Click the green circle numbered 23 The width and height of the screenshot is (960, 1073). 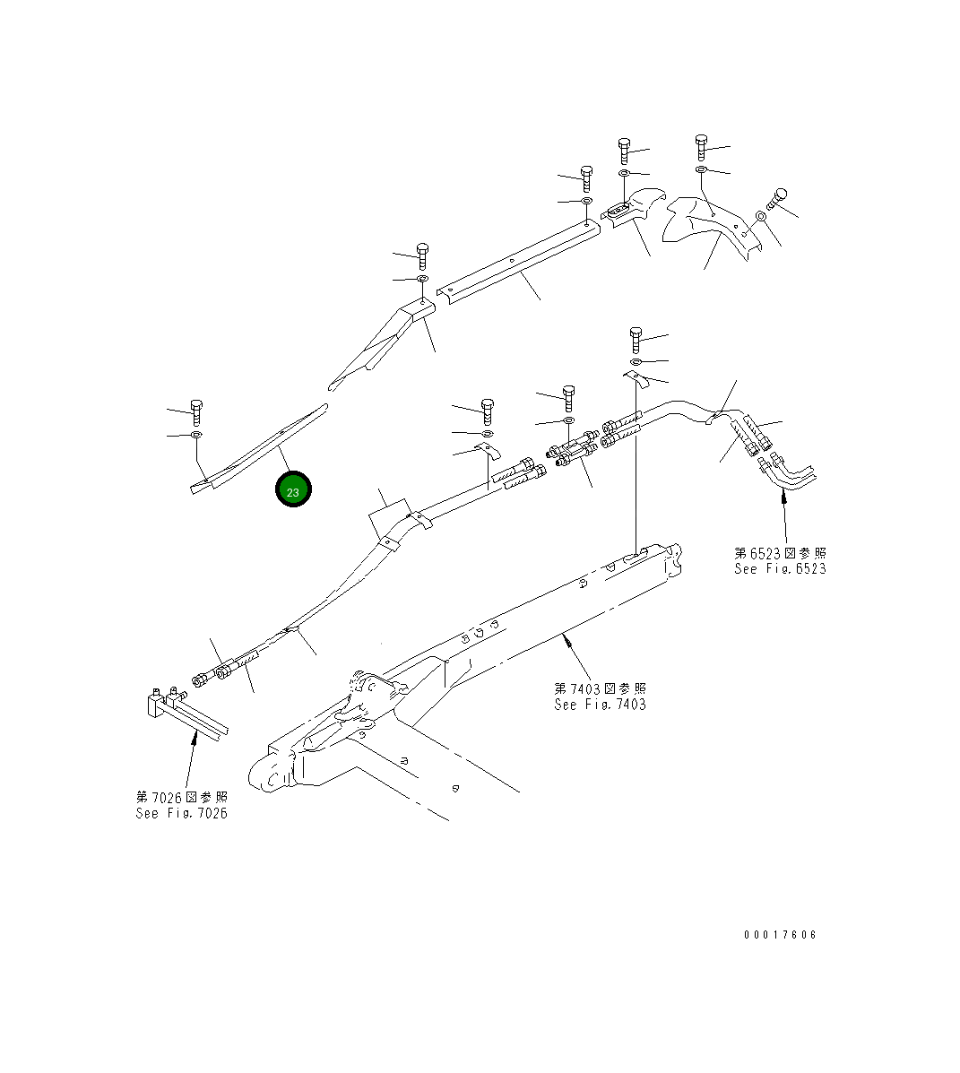293,490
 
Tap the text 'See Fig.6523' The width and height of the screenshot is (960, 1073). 780,568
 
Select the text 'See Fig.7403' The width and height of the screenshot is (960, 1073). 600,704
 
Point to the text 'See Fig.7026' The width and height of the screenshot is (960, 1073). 181,813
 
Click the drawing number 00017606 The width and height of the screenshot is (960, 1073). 780,935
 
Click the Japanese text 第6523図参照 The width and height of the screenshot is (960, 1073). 780,553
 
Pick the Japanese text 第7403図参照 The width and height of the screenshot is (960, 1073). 600,688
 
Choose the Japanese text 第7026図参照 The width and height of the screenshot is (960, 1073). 181,798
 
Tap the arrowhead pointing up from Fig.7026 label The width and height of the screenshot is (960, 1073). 195,738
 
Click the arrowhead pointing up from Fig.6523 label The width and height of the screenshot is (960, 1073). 783,498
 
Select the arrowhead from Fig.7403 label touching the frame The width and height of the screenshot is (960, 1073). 565,638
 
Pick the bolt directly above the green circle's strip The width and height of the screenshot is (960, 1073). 197,411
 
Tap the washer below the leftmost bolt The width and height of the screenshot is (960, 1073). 196,436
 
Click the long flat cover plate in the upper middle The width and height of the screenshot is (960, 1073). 518,263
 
